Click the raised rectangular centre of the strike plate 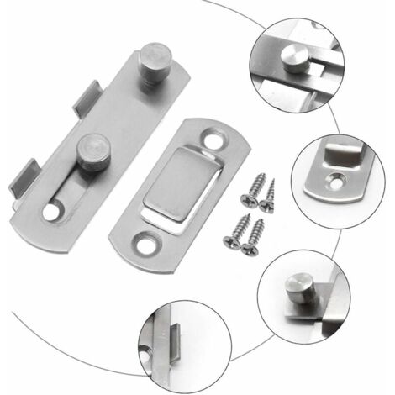tap(178, 188)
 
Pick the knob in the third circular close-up tap(295, 282)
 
